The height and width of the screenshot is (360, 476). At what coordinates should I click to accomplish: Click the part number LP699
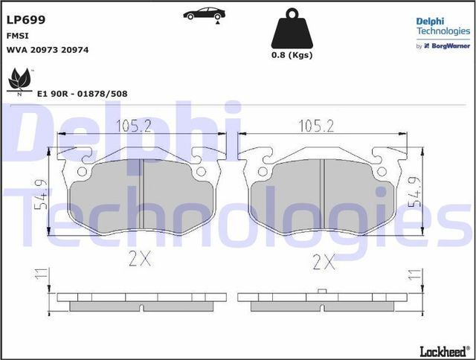[25, 20]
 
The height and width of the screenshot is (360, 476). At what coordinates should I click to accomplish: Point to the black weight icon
[290, 30]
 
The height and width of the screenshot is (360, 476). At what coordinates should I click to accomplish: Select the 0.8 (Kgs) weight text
[292, 55]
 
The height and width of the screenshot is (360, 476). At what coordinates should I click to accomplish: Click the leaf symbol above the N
[18, 77]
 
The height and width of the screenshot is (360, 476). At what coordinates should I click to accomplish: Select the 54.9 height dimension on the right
[419, 190]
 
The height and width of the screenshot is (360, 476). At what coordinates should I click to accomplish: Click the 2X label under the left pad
[138, 260]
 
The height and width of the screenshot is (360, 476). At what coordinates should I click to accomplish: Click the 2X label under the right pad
[324, 262]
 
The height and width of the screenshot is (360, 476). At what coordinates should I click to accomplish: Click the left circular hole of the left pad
[83, 171]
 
